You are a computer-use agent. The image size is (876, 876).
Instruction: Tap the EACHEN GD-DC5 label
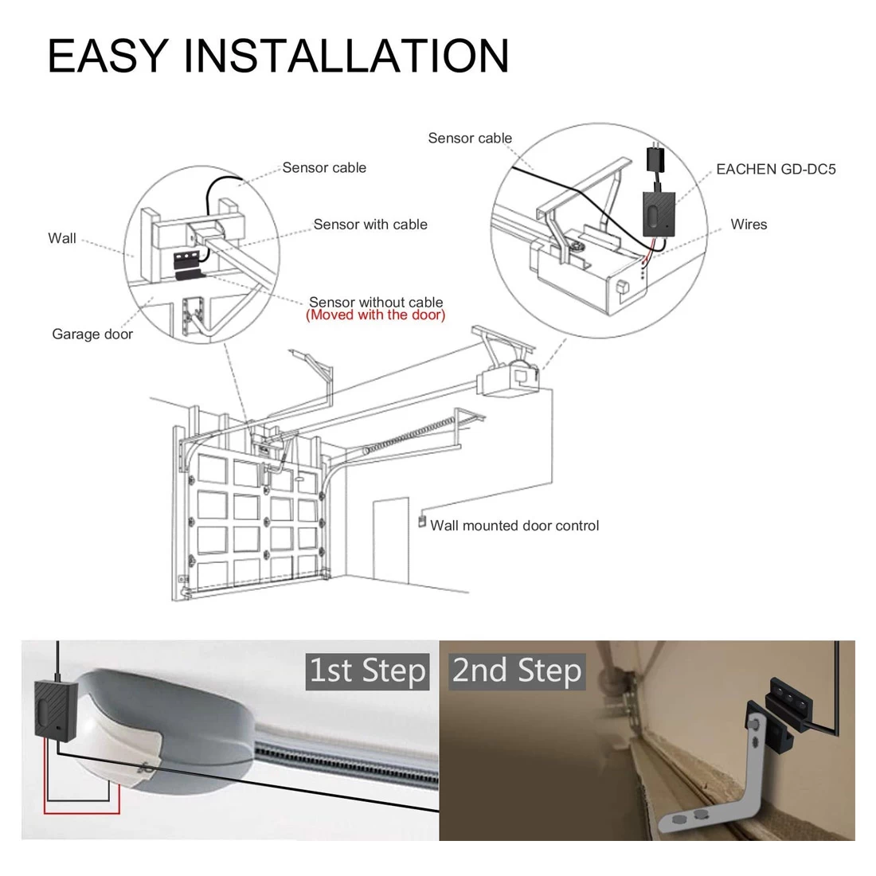click(x=776, y=170)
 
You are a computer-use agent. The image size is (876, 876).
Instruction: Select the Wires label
click(x=749, y=225)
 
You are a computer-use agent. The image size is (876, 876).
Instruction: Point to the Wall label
click(x=62, y=239)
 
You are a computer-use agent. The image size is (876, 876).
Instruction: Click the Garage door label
click(x=92, y=334)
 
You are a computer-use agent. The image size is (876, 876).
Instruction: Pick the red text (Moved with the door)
click(x=375, y=315)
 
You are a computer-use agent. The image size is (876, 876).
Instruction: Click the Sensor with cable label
click(x=370, y=225)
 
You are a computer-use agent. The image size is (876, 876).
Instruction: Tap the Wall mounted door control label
click(x=514, y=526)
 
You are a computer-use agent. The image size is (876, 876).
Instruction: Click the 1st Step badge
click(x=367, y=671)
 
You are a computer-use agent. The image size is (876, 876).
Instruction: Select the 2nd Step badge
click(x=517, y=671)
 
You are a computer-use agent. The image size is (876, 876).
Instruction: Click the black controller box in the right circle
click(x=659, y=213)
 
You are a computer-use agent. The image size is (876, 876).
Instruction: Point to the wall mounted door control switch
click(x=422, y=522)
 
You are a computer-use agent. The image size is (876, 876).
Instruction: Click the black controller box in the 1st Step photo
click(x=55, y=709)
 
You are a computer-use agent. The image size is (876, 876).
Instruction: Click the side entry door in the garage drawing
click(x=390, y=540)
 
